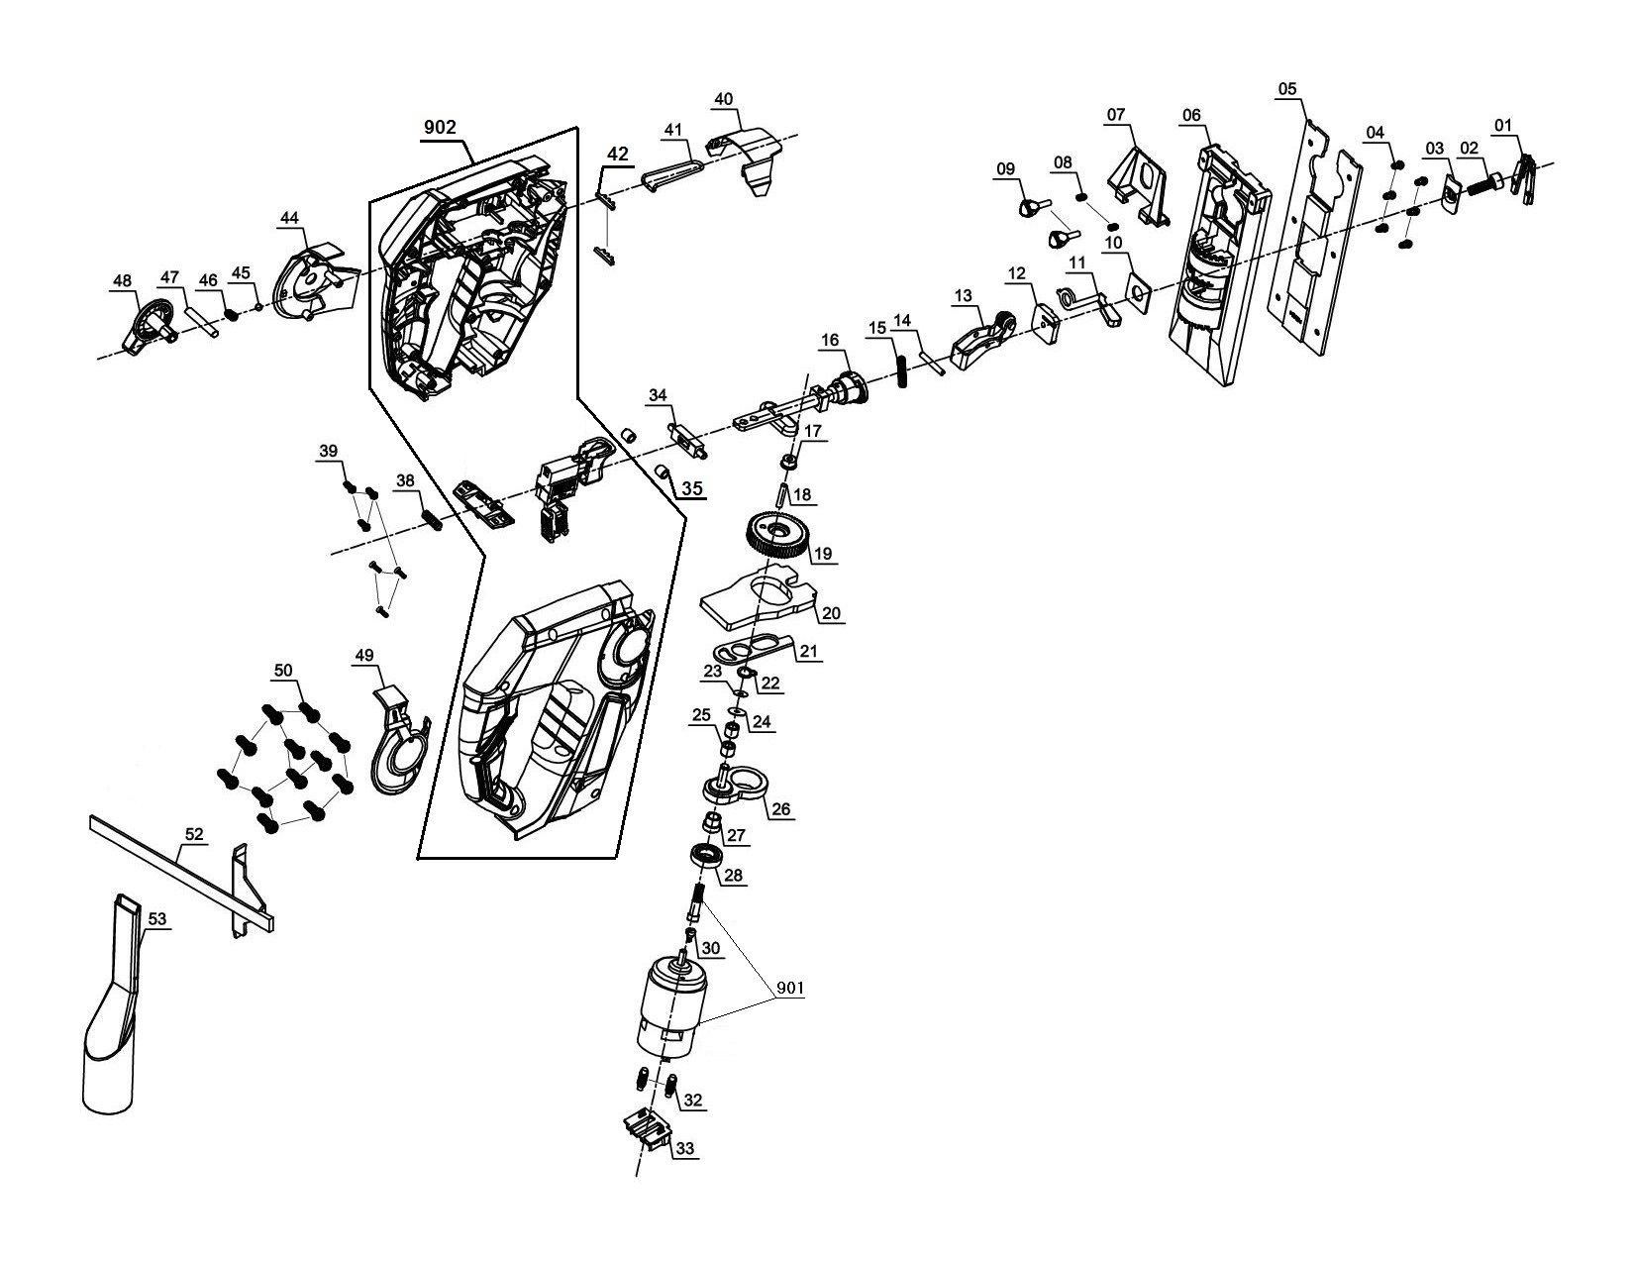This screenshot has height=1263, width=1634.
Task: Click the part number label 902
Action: click(440, 128)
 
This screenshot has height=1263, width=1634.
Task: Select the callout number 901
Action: click(789, 989)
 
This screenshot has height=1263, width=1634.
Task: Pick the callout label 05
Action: click(1286, 89)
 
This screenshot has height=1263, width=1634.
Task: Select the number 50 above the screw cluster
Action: click(283, 671)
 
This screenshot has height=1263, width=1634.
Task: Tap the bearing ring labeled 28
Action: click(707, 854)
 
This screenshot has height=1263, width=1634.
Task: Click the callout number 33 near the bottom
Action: click(685, 1149)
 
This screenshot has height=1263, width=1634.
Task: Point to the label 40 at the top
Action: click(724, 98)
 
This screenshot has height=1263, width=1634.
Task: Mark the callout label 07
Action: click(1116, 115)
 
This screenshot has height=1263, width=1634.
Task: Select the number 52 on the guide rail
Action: click(194, 835)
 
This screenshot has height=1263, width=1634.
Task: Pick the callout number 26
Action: click(781, 809)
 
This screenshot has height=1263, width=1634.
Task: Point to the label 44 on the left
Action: click(289, 217)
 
